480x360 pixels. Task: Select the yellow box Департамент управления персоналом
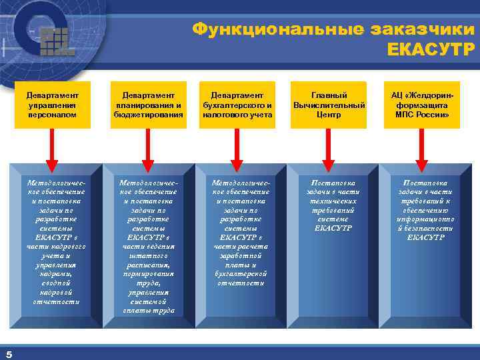tap(53, 105)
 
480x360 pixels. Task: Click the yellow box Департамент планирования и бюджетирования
tap(148, 105)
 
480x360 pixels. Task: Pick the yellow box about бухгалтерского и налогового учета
tap(238, 105)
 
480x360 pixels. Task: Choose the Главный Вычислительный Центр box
tap(329, 105)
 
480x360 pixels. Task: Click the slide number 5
tap(9, 353)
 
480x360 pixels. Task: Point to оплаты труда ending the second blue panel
tap(149, 311)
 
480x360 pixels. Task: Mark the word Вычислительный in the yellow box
tap(329, 105)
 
